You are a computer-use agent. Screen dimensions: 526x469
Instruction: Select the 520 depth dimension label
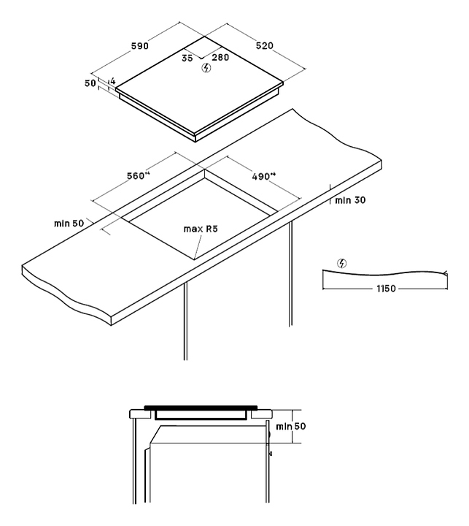tap(264, 45)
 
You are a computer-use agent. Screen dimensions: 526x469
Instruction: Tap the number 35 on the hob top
tap(187, 56)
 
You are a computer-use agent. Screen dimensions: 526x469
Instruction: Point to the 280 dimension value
tap(220, 56)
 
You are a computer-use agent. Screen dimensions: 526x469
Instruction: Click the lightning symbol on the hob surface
tap(206, 69)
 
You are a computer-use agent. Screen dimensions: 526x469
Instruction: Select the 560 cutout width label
tap(138, 175)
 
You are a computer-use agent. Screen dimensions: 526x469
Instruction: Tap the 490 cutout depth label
tap(263, 175)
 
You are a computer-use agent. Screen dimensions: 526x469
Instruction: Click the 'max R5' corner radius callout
tap(201, 229)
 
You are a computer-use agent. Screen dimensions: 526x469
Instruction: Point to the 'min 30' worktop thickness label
tap(350, 199)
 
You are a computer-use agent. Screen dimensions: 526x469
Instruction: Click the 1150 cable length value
tap(386, 289)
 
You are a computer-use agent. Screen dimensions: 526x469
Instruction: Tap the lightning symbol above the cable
tap(343, 263)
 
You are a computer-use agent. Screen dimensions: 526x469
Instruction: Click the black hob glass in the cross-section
tap(201, 408)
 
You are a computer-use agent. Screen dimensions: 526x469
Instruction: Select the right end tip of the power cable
tap(445, 273)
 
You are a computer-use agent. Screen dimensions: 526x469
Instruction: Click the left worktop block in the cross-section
tap(140, 414)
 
